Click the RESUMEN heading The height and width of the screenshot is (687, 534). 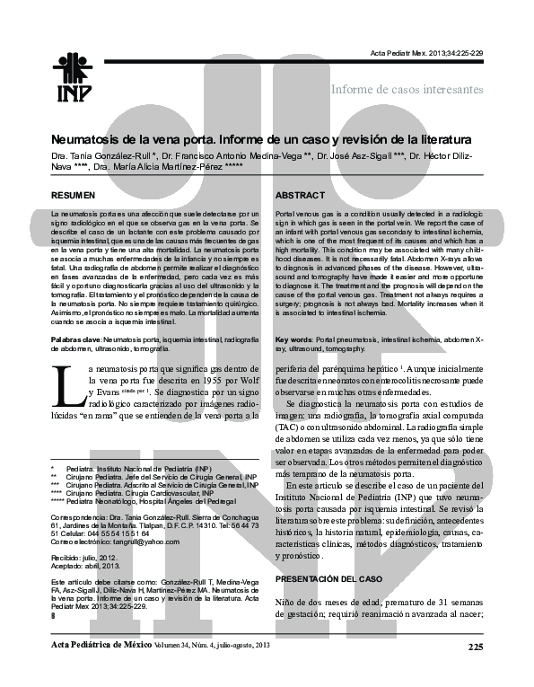point(73,195)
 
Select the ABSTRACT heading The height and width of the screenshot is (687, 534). point(300,195)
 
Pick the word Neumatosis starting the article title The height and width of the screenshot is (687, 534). point(88,141)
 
